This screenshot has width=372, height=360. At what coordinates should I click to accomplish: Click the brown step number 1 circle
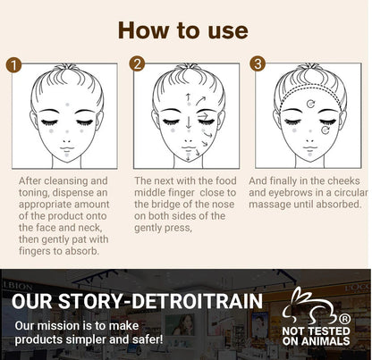tap(13, 64)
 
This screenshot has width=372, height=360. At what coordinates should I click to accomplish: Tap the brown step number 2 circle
tap(137, 63)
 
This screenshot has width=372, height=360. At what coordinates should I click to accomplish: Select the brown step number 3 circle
tap(258, 63)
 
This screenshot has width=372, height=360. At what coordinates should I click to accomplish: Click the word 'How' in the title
tap(143, 30)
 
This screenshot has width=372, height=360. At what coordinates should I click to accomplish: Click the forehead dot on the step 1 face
tap(67, 105)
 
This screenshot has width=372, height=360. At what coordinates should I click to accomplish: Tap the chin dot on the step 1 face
tap(67, 155)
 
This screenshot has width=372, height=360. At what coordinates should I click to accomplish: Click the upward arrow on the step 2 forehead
tap(188, 97)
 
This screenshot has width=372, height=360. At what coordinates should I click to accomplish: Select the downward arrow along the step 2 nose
tap(189, 122)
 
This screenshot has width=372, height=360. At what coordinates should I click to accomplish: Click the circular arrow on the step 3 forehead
tap(311, 104)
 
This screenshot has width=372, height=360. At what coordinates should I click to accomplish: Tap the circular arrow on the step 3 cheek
tap(325, 130)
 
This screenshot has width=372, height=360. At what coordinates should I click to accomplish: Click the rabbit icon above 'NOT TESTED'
tap(311, 306)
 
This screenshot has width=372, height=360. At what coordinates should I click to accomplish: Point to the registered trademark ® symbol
tap(345, 319)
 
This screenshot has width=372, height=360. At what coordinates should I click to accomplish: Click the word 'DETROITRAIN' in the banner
tap(197, 301)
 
